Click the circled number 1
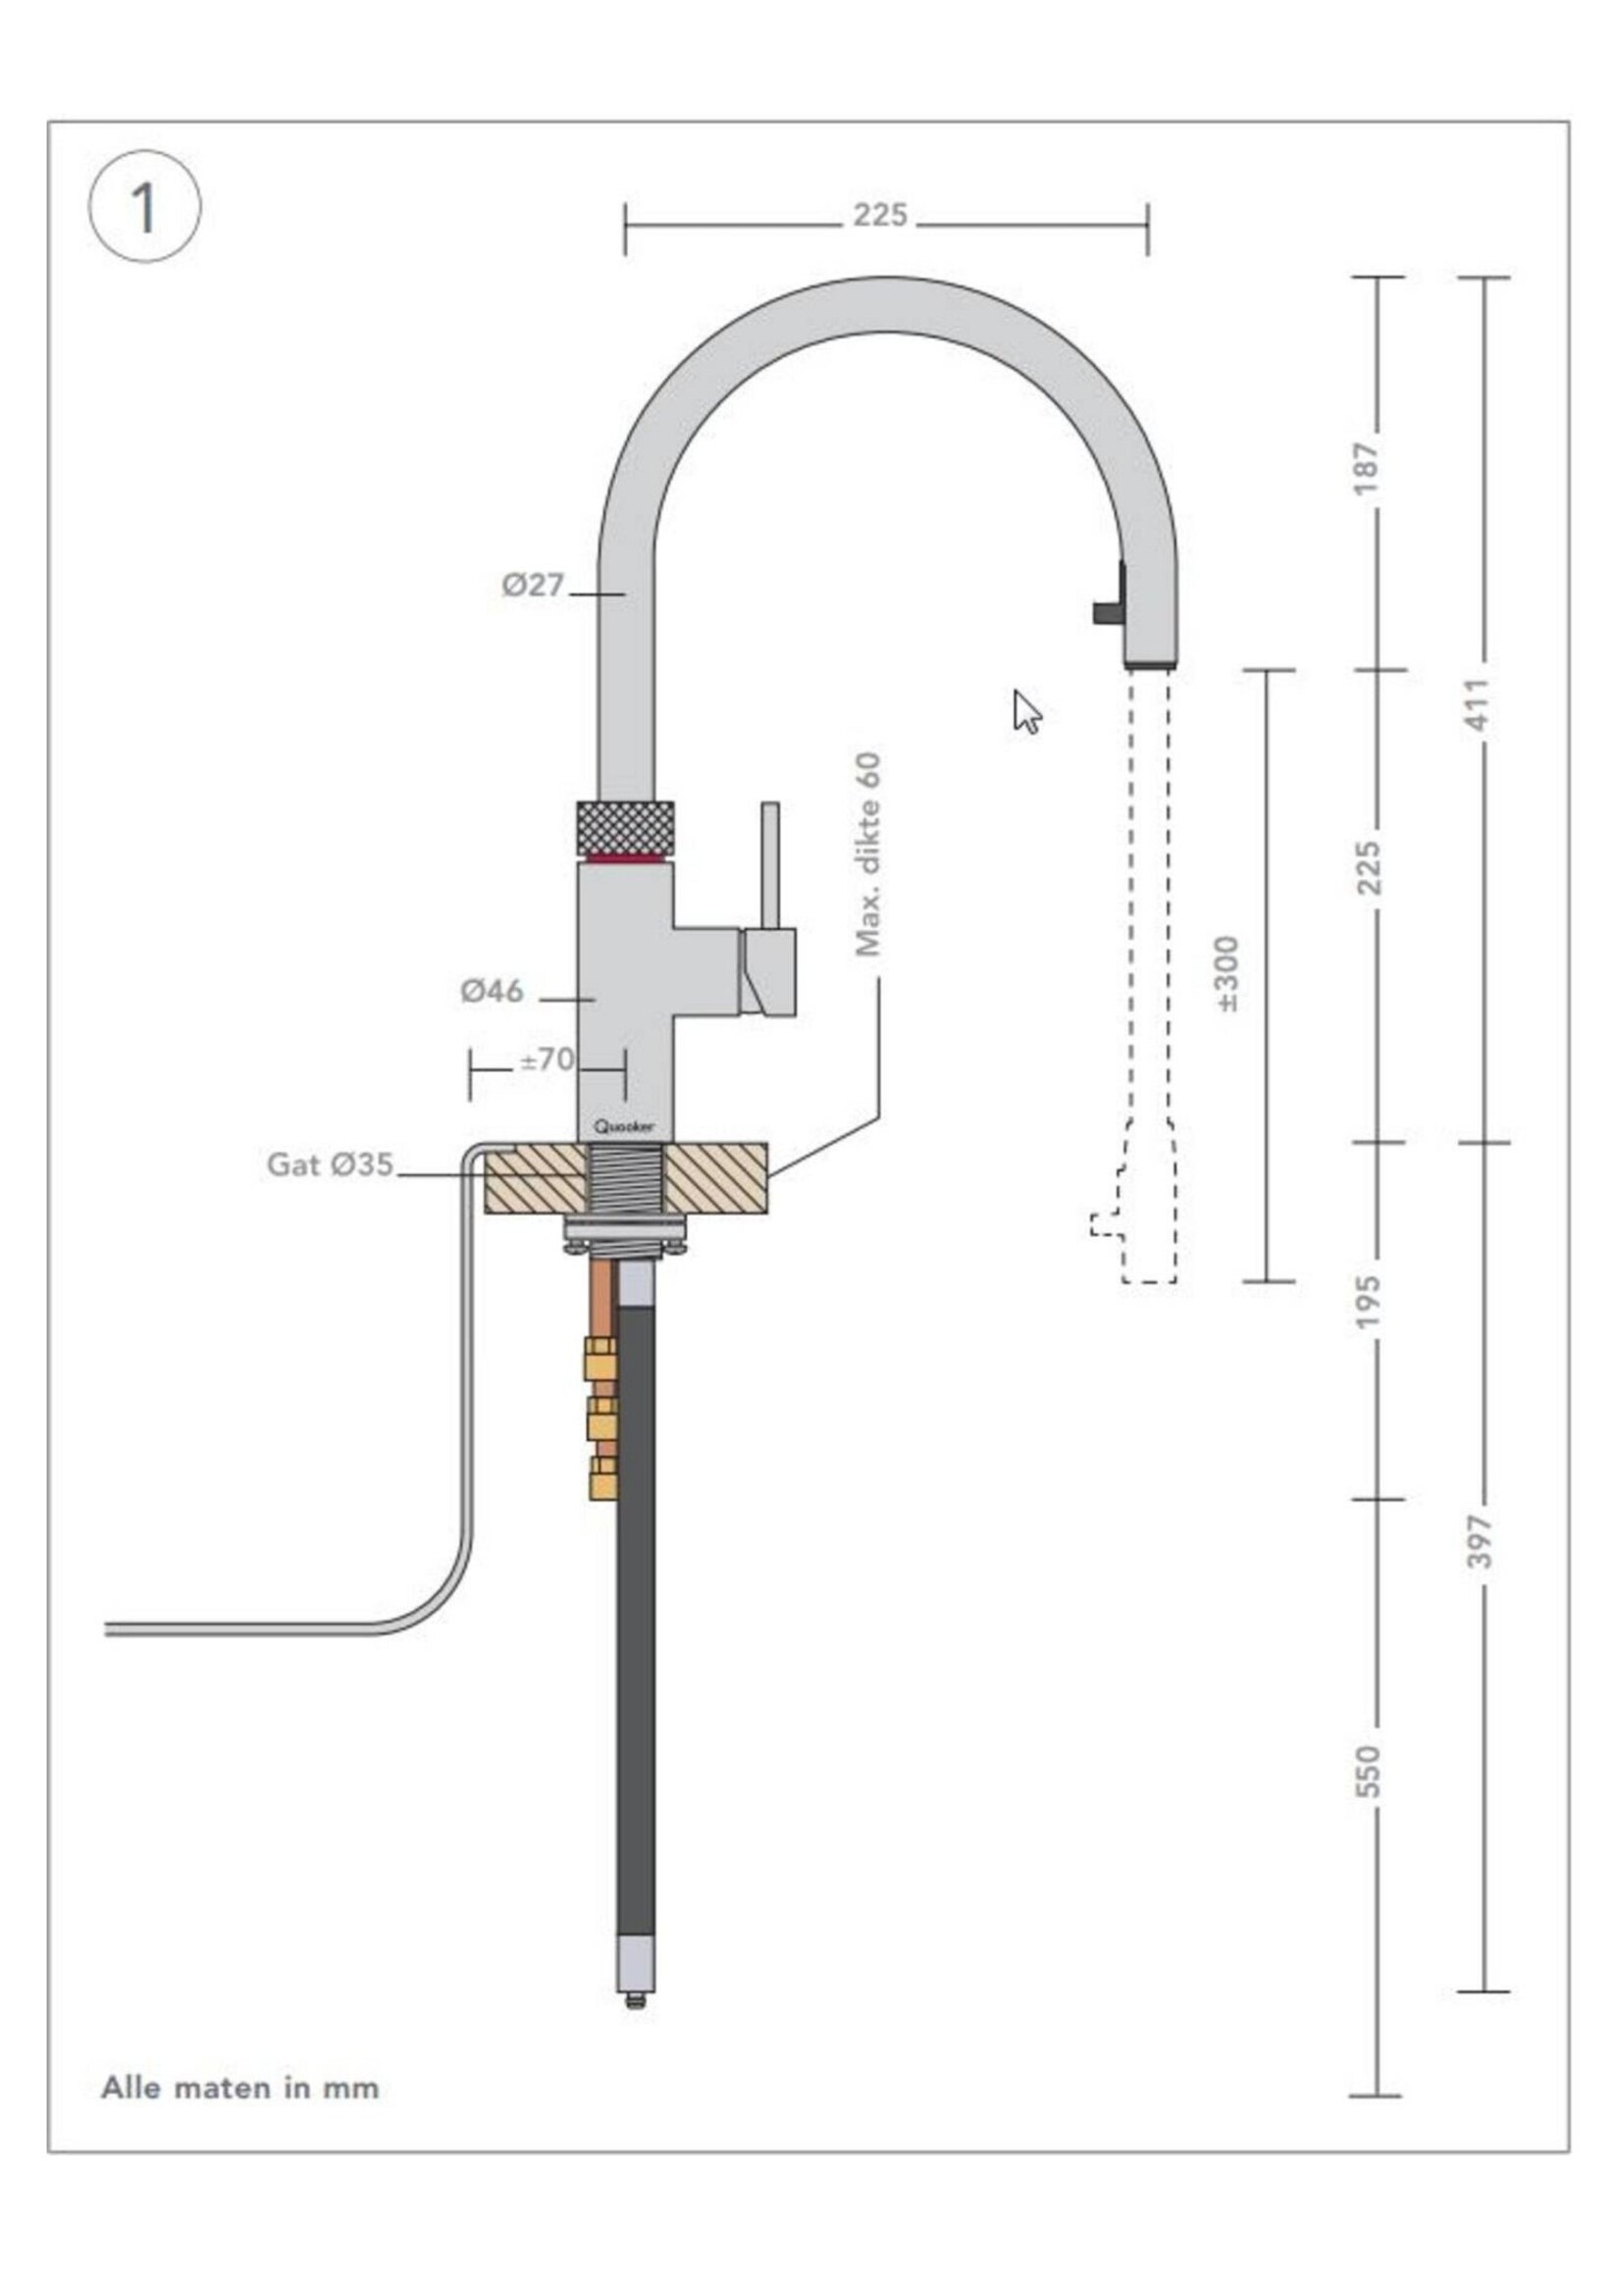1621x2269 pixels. pos(145,207)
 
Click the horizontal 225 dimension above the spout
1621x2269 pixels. pos(879,216)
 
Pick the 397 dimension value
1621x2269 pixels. pos(1480,1540)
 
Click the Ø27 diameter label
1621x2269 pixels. pos(533,585)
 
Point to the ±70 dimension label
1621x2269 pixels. pos(547,1058)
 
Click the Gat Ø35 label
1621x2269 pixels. pos(330,1164)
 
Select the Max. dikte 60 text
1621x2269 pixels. pos(868,854)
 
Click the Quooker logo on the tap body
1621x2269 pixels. pos(625,1126)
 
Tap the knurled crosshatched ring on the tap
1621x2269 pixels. pos(626,827)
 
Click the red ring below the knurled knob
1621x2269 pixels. pos(626,858)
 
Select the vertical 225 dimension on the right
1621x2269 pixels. pos(1370,868)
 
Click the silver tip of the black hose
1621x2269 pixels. pos(636,1971)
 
